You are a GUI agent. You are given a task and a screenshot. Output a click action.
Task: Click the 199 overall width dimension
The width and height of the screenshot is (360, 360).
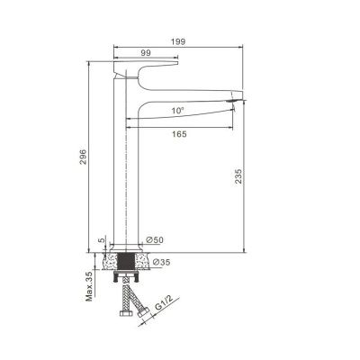pyautogui.click(x=178, y=41)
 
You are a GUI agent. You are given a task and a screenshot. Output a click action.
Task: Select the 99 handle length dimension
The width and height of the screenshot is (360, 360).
pyautogui.click(x=146, y=53)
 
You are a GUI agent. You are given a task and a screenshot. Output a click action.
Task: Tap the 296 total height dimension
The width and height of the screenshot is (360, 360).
pyautogui.click(x=83, y=157)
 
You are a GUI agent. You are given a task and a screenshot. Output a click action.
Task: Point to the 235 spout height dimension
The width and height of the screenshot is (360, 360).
pyautogui.click(x=238, y=176)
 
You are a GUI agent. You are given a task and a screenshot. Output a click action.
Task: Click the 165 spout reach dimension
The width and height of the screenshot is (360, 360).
pyautogui.click(x=179, y=134)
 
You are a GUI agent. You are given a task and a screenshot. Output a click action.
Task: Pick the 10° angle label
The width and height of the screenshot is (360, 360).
pyautogui.click(x=177, y=111)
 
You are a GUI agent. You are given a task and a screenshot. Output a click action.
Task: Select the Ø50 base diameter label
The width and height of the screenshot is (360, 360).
pyautogui.click(x=155, y=239)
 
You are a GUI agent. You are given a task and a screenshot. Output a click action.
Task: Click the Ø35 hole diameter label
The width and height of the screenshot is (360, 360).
pyautogui.click(x=161, y=262)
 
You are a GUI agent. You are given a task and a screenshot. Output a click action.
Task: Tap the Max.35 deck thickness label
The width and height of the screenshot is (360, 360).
pyautogui.click(x=89, y=287)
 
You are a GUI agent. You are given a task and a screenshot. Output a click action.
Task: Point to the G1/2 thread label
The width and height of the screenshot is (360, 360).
pyautogui.click(x=164, y=304)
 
